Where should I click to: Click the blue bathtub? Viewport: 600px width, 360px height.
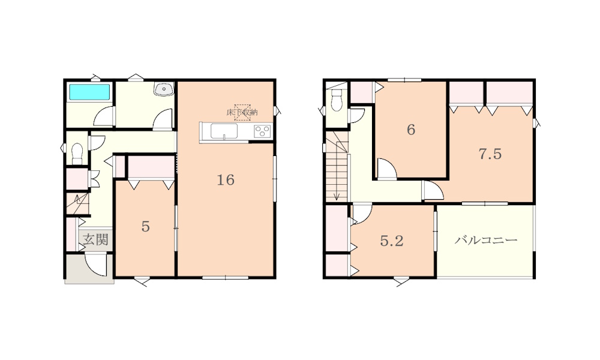pyautogui.click(x=89, y=92)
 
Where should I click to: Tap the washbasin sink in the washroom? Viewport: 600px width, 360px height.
pyautogui.click(x=164, y=88)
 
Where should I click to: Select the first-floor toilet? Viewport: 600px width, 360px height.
pyautogui.click(x=77, y=152)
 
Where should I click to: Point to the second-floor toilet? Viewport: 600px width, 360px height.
pyautogui.click(x=337, y=100)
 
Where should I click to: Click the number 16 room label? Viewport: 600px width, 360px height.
pyautogui.click(x=226, y=180)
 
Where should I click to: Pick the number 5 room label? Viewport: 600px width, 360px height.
pyautogui.click(x=145, y=226)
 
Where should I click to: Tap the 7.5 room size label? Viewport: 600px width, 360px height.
pyautogui.click(x=490, y=154)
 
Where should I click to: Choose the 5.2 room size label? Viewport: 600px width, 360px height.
pyautogui.click(x=392, y=241)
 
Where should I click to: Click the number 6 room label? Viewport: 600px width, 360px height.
pyautogui.click(x=411, y=130)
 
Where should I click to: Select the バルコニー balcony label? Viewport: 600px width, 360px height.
pyautogui.click(x=486, y=240)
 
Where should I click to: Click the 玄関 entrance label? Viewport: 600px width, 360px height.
pyautogui.click(x=95, y=240)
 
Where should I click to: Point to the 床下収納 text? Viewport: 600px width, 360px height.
pyautogui.click(x=242, y=112)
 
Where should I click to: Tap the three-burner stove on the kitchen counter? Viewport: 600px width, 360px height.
pyautogui.click(x=263, y=131)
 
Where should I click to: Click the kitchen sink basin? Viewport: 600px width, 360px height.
pyautogui.click(x=224, y=131)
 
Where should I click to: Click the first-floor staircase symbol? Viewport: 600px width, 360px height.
pyautogui.click(x=77, y=204)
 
